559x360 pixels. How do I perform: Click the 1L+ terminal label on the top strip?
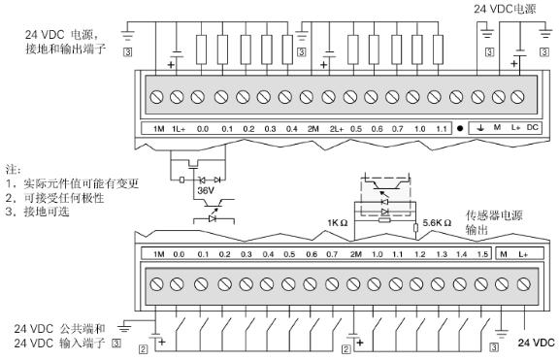coord(179,129)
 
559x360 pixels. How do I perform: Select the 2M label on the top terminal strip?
coord(313,129)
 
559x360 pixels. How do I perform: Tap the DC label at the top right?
coord(532,127)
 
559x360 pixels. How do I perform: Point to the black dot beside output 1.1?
coord(460,128)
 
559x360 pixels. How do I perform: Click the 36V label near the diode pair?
coord(206,191)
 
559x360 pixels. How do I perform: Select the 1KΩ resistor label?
coord(338,223)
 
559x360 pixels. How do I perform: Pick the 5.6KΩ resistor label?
coord(437,223)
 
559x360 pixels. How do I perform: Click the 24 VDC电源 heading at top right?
coord(505,9)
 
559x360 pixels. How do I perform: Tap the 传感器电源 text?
coord(494,215)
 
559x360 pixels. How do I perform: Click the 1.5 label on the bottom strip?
coord(482,254)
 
